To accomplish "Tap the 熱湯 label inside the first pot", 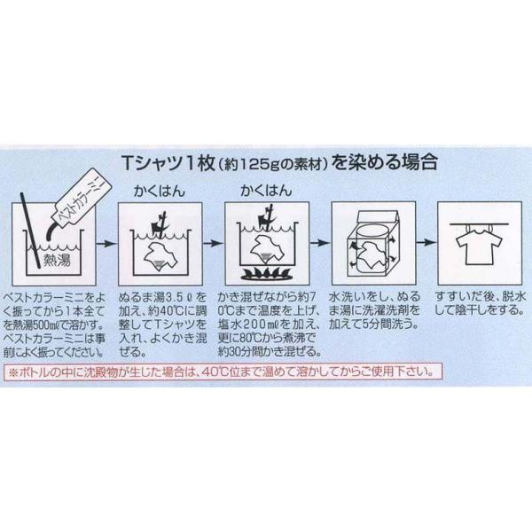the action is click(57, 260).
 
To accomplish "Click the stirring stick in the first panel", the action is click(32, 231).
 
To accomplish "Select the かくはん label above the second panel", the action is click(160, 191).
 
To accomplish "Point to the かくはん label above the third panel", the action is click(266, 191).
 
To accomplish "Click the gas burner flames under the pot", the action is click(266, 273).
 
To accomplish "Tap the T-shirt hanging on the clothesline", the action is click(479, 245).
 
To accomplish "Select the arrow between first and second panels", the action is click(106, 243).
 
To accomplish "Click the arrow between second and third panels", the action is click(214, 243).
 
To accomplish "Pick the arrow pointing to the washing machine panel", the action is click(320, 243).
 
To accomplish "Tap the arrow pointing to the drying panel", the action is click(426, 242).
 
